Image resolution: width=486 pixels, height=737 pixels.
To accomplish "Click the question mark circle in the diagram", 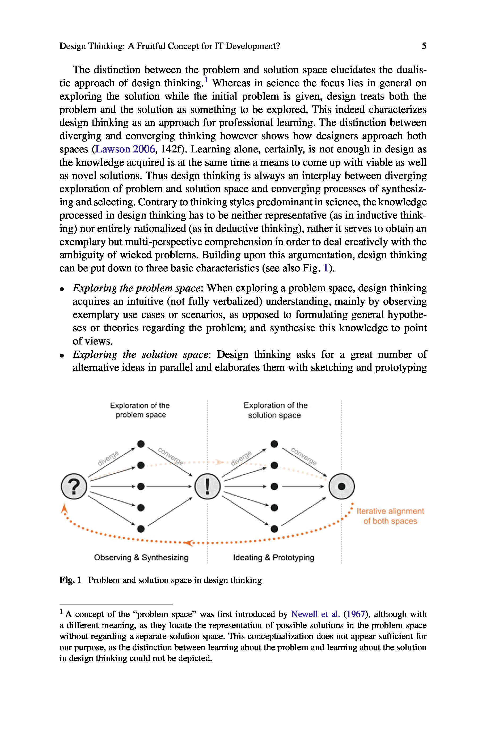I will click(74, 486).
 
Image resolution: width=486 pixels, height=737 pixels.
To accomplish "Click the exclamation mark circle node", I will click(207, 486).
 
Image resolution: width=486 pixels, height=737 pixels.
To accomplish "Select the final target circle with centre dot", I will click(341, 486).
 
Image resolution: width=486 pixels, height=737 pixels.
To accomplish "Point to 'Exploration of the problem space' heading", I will click(140, 410).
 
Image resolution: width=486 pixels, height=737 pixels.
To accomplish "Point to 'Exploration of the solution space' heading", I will click(275, 410).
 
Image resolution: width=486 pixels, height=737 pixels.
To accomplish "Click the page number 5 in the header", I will click(424, 46).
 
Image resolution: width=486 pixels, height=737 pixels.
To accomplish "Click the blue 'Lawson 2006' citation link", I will click(125, 149).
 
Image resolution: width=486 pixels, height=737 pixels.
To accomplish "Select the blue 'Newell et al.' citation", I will click(315, 614).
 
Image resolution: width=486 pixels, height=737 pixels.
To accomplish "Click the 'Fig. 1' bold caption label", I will click(70, 580).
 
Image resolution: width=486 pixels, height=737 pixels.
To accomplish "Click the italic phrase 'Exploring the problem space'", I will click(136, 288).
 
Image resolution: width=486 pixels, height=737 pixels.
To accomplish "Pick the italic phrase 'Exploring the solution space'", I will click(140, 354).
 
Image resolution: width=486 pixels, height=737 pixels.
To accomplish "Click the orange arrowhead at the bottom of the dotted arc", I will click(188, 542).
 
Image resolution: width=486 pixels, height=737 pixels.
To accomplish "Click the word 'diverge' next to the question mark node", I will click(108, 458).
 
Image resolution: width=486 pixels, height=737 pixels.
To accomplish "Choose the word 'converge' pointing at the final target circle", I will click(304, 456).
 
